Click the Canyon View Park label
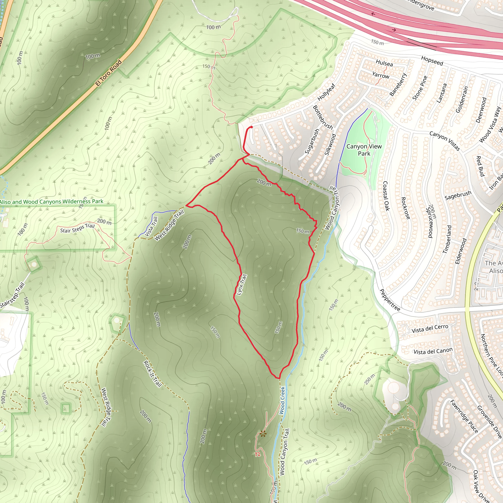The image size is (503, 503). coord(364,150)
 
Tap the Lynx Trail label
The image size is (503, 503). coord(241,285)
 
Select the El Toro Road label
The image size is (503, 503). coord(109,73)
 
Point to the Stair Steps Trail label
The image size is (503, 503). coord(77,228)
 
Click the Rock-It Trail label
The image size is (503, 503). coord(153,374)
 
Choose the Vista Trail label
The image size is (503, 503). coord(151,227)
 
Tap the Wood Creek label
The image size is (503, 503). coord(282,400)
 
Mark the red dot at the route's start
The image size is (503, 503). coord(251,127)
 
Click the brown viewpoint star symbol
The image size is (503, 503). coord(263,434)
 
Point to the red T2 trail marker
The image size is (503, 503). coord(257,455)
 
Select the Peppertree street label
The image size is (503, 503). coord(390,300)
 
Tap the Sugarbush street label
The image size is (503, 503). coord(312,141)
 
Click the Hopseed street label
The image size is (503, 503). coord(432,61)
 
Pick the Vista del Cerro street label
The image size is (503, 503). coord(430,329)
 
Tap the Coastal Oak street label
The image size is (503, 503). coord(386,196)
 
